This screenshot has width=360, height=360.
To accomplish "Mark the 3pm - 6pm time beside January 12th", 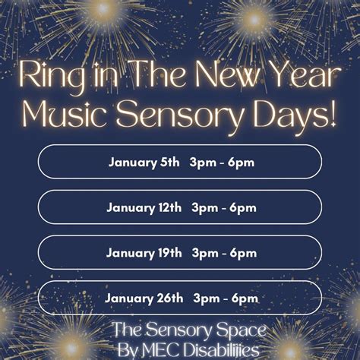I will [224, 207].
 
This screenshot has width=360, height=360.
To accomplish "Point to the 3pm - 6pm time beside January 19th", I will [224, 252].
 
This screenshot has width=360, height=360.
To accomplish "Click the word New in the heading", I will [219, 77].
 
